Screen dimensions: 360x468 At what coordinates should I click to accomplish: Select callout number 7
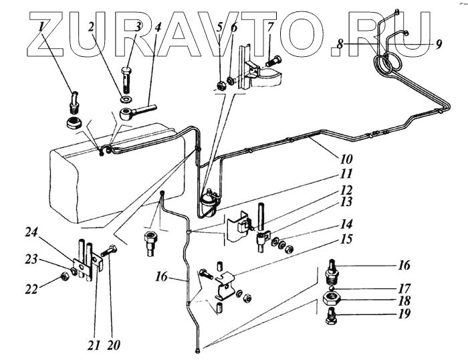270,28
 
